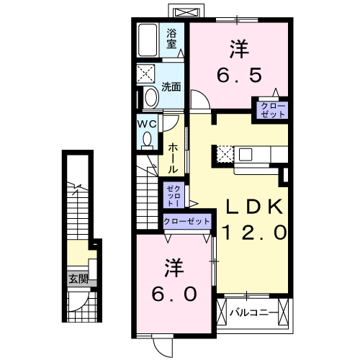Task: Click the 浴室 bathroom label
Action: (x=172, y=38)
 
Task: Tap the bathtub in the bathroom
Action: (x=150, y=42)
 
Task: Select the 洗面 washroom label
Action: (x=171, y=87)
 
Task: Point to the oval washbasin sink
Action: (x=151, y=98)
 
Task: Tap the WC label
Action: (x=148, y=124)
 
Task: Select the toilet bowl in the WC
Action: (x=148, y=140)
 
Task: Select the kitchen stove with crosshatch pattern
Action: (x=225, y=154)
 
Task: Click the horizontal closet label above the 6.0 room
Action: (x=187, y=222)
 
